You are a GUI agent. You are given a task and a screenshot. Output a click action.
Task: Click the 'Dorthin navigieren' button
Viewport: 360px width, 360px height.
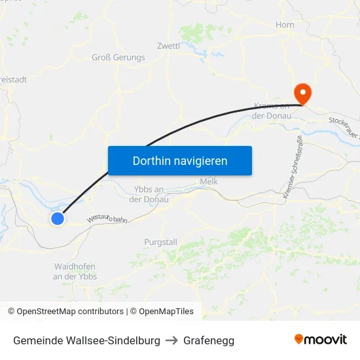(x=179, y=160)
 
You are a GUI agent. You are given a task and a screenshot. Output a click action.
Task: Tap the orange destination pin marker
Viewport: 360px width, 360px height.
(x=302, y=94)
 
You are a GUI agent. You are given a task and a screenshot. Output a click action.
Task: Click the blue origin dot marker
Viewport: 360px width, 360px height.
(x=58, y=219)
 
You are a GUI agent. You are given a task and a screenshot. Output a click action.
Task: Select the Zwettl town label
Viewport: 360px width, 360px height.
(x=168, y=46)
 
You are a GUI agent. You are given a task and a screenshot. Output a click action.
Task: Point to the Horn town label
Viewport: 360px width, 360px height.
(x=285, y=25)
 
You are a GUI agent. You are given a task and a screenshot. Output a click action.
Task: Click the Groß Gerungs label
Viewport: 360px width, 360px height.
(x=118, y=58)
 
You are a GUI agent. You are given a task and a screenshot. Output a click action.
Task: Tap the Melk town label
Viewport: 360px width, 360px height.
(x=208, y=181)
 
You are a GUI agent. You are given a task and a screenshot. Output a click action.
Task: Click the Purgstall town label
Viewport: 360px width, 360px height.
(x=160, y=242)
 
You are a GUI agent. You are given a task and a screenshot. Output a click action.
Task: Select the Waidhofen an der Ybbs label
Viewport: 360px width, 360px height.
(x=75, y=272)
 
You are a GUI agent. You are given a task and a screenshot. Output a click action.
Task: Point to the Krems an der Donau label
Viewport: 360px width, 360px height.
(x=270, y=111)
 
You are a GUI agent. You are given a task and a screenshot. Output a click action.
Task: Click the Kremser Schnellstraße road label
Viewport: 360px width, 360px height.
(x=292, y=167)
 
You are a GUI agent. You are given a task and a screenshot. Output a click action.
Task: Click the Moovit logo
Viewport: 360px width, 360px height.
(x=321, y=340)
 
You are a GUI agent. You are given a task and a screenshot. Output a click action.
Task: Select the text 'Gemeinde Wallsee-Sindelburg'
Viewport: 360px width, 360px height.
(x=86, y=340)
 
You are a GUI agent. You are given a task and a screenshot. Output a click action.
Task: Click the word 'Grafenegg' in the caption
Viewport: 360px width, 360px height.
(x=209, y=340)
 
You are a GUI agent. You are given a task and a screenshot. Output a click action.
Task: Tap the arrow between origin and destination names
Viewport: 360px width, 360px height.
(x=171, y=340)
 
